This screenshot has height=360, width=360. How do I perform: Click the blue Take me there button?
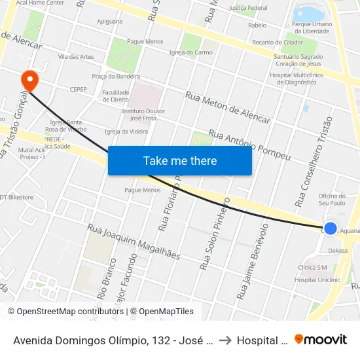179,160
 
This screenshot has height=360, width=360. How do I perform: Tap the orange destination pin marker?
29,81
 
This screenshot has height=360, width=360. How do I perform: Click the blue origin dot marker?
331,228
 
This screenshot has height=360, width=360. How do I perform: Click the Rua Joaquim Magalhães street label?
134,242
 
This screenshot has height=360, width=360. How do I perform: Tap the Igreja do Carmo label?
190,52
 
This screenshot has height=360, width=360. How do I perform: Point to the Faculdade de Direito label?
116,96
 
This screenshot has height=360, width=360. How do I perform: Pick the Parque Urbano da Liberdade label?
310,27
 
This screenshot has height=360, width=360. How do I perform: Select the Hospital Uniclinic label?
317,280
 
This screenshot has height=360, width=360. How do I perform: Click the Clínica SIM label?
312,268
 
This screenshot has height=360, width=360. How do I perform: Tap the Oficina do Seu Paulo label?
332,200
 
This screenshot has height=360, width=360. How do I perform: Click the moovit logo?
321,340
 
